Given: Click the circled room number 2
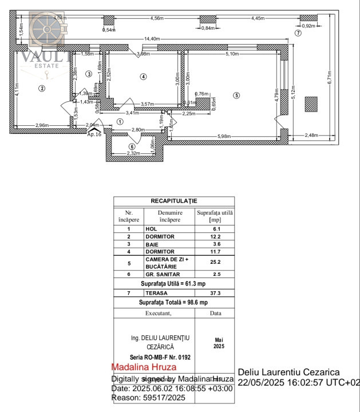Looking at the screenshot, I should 41,88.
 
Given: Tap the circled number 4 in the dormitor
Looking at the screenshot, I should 143,76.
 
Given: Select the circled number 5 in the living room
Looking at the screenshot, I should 236,95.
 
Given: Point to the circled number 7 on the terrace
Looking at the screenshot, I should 298,34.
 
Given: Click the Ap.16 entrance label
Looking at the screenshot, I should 94,134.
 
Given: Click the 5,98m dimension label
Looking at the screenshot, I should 224,136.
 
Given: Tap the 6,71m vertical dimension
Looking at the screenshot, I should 329,78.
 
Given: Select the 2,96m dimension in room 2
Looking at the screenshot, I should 42,125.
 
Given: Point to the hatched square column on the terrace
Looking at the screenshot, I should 311,104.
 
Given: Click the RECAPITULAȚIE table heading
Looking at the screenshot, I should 174,201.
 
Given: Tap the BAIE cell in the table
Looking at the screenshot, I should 153,244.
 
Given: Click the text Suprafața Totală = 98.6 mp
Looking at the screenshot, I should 174,302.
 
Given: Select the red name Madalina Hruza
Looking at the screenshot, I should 144,367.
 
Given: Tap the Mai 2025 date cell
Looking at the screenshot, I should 216,343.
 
